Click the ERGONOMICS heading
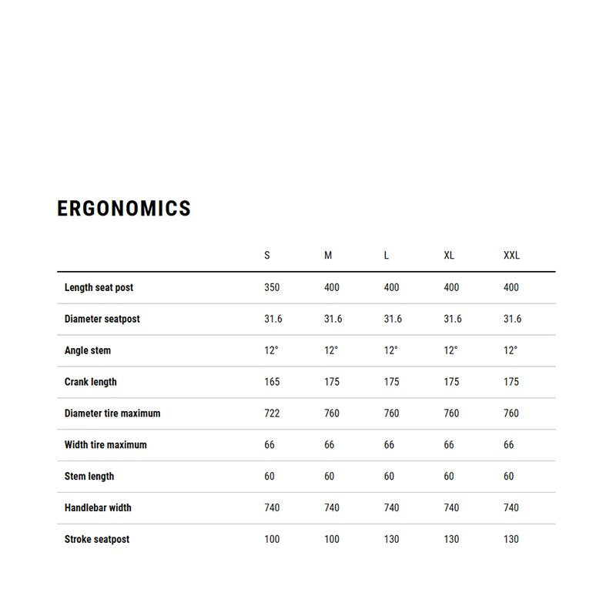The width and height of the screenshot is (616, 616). [x=124, y=209]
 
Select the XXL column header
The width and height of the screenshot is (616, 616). [x=511, y=255]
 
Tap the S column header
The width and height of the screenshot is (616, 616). [x=267, y=255]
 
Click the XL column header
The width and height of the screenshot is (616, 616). [x=449, y=255]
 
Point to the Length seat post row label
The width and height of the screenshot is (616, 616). [x=99, y=287]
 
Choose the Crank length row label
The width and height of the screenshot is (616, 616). [x=91, y=382]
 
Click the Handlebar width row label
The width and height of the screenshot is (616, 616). [x=98, y=507]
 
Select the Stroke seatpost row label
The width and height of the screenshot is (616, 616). [x=97, y=539]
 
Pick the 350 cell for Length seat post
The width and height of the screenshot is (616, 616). [x=272, y=287]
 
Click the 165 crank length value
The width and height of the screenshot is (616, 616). [x=272, y=382]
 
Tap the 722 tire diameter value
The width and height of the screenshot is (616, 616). [x=272, y=413]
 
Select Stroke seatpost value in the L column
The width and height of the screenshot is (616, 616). [x=391, y=539]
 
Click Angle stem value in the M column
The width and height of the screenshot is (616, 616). [x=331, y=350]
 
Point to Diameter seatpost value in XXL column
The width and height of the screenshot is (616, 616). [x=512, y=319]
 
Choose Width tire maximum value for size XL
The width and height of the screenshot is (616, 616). [x=449, y=445]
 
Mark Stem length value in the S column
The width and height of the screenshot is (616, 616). [x=269, y=477]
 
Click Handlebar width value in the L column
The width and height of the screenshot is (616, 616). [x=391, y=507]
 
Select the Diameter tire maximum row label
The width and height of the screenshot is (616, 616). [x=112, y=413]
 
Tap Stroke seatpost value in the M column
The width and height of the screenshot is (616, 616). [x=332, y=539]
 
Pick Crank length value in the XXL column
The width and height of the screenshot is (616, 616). [x=511, y=382]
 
